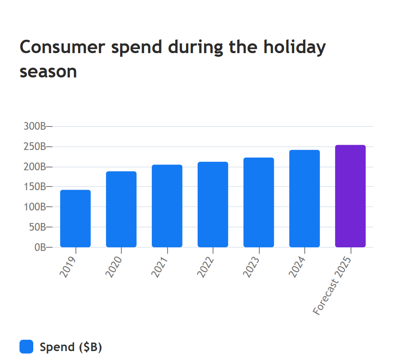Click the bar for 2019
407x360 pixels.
coord(75,219)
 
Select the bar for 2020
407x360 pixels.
coord(121,209)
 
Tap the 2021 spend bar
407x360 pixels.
coord(167,206)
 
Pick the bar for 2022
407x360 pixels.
coord(213,204)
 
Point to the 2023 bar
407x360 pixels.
coord(258,202)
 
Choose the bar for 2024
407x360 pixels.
coord(304,198)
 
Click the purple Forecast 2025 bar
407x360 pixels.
coord(351,196)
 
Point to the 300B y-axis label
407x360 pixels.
coord(35,126)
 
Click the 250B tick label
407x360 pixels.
coord(35,146)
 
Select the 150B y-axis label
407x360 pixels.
coord(35,186)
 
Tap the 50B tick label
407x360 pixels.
coord(37,227)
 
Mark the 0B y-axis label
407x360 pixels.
coord(40,247)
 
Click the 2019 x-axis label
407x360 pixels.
coord(68,267)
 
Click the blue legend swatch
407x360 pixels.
coord(26,347)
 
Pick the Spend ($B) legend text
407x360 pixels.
coord(71,347)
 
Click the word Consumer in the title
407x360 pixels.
coord(62,47)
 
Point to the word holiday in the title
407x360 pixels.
coord(295,47)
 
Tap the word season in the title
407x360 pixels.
coord(48,72)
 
